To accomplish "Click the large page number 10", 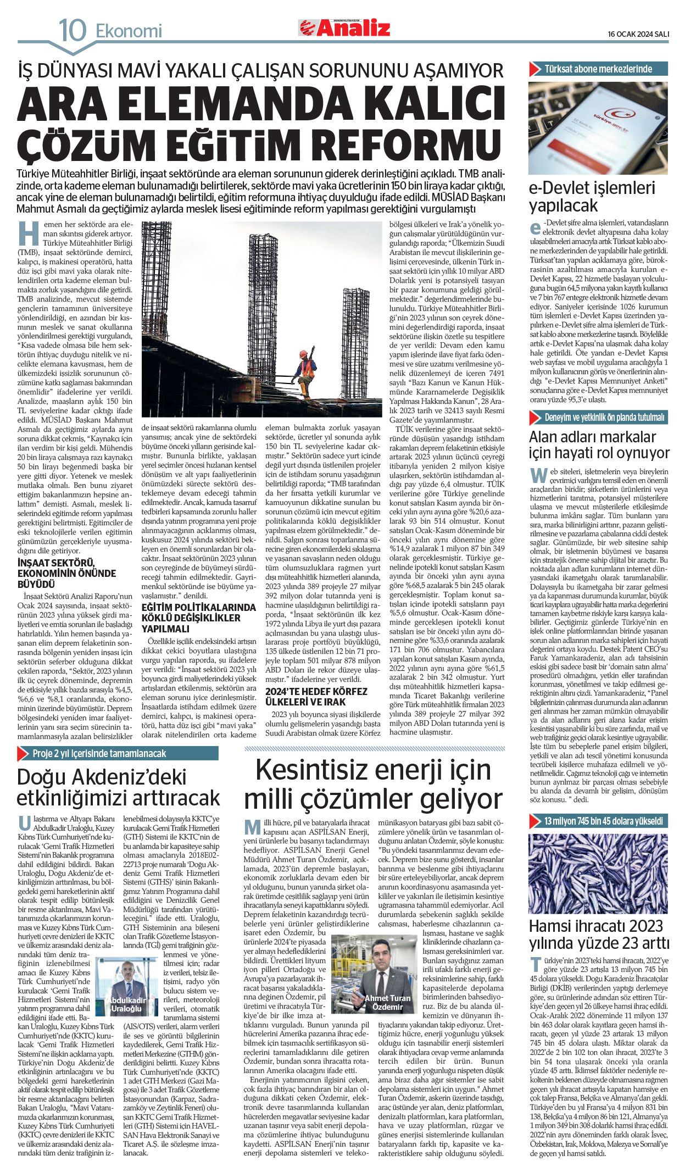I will click(x=73, y=30).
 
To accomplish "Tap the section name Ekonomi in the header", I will click(x=129, y=31).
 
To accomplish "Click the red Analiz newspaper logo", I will click(x=344, y=27).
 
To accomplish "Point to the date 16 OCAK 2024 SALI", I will click(x=638, y=34).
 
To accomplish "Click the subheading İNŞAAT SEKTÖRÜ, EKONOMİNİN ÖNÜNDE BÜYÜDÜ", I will click(x=66, y=573).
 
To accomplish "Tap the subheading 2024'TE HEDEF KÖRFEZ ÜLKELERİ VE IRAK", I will click(x=316, y=696).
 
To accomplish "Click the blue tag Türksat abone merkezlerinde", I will click(x=598, y=69).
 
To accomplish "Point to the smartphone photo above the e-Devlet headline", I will click(x=598, y=127).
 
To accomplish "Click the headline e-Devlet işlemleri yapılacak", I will click(x=592, y=196).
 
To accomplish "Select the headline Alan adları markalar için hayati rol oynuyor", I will click(x=599, y=444).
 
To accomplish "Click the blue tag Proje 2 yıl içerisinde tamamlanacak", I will click(x=99, y=753).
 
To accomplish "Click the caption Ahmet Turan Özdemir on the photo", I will click(x=387, y=1002).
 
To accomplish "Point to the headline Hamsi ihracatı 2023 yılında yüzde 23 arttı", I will click(x=599, y=934).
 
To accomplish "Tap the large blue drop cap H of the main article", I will click(x=29, y=233).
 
